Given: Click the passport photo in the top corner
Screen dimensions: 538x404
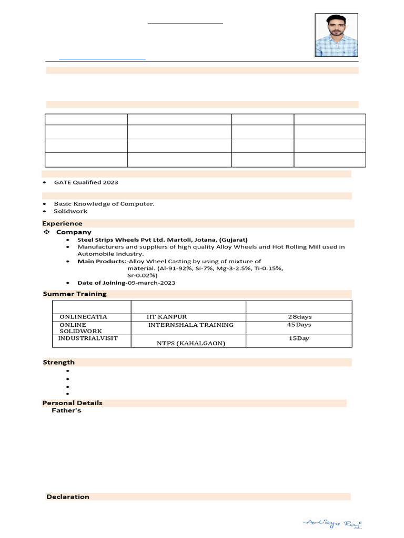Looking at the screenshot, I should click(337, 35).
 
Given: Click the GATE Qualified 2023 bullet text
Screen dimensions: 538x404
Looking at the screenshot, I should click(86, 182).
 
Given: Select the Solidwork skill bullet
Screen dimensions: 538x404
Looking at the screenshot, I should click(70, 211).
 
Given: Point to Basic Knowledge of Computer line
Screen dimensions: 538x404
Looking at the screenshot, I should click(104, 203).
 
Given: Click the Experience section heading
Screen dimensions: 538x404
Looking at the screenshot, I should click(63, 223).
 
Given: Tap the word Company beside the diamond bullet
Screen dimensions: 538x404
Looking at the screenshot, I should click(74, 232).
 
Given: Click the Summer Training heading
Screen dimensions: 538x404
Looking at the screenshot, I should click(75, 294).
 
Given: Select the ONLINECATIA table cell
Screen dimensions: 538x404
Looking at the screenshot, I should click(83, 317).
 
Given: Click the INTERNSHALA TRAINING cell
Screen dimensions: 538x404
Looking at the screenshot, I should click(190, 325).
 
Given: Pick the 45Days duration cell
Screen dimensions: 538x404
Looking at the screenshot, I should click(299, 325).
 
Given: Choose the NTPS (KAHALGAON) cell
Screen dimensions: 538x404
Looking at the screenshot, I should click(191, 343).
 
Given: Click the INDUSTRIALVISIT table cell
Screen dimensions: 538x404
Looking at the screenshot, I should click(88, 338).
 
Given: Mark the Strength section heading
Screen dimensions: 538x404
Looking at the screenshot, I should click(58, 362).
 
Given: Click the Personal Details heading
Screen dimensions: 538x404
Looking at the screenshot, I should click(73, 403).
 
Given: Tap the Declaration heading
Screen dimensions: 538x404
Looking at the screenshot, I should click(68, 496).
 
